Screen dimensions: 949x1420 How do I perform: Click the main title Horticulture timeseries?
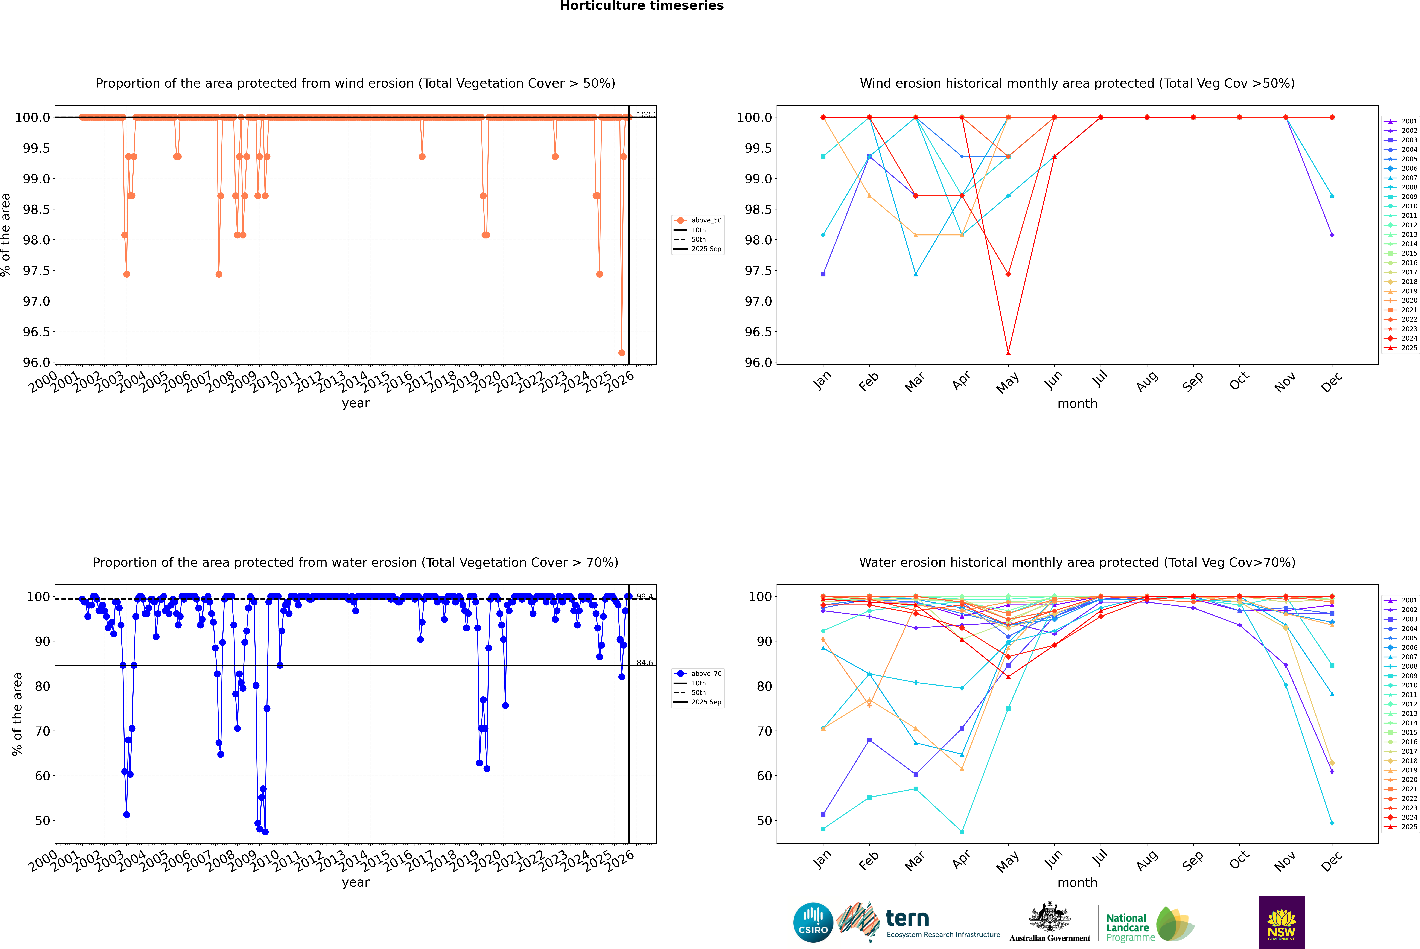click(x=642, y=6)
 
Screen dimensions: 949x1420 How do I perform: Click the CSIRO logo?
click(x=813, y=922)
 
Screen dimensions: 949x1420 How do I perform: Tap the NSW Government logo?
click(x=1281, y=922)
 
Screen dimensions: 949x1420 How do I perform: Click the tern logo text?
click(x=907, y=919)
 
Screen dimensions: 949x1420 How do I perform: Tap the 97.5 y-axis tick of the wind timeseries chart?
click(x=36, y=271)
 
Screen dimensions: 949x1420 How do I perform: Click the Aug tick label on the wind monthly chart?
click(x=1147, y=381)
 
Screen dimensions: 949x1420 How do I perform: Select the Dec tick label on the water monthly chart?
click(x=1332, y=861)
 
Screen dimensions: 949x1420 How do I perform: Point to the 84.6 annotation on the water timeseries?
click(x=645, y=663)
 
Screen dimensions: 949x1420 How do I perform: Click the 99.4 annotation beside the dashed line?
click(x=645, y=597)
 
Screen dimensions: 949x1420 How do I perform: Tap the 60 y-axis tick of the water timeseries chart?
click(x=42, y=776)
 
